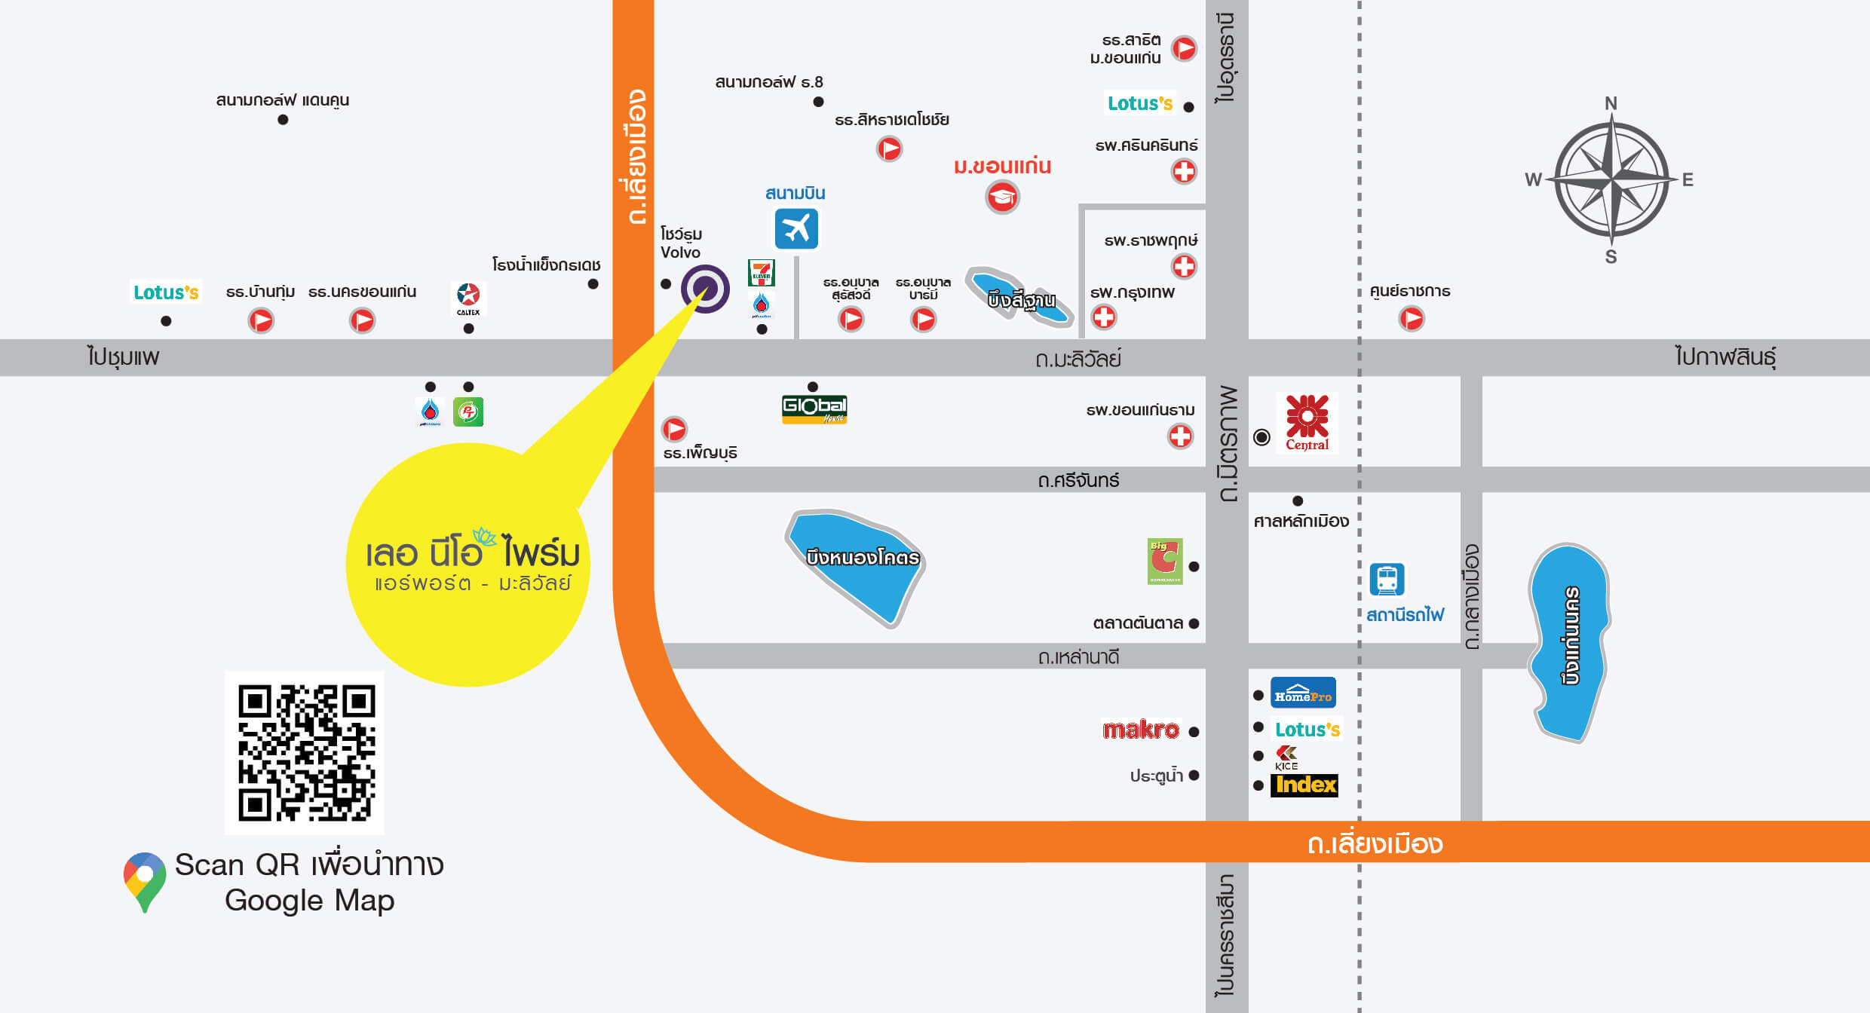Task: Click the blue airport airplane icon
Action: tap(796, 228)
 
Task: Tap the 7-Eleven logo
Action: tap(761, 272)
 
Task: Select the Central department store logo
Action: tap(1307, 422)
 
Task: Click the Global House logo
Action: tap(814, 409)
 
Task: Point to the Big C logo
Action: tap(1164, 561)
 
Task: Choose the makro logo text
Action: tap(1140, 730)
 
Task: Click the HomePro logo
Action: tap(1303, 693)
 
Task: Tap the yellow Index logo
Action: tap(1305, 785)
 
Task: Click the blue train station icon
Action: tap(1387, 580)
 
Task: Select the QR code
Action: tap(305, 752)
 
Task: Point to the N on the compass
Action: tap(1611, 103)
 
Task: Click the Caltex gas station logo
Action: tap(468, 298)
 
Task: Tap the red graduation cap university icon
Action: tap(1002, 197)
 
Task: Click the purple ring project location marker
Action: tap(705, 289)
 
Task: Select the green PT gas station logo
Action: tap(468, 412)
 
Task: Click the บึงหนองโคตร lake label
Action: tap(862, 558)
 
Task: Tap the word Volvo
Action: tap(680, 252)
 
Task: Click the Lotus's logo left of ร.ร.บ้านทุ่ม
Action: tap(166, 292)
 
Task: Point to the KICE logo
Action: tap(1286, 757)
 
